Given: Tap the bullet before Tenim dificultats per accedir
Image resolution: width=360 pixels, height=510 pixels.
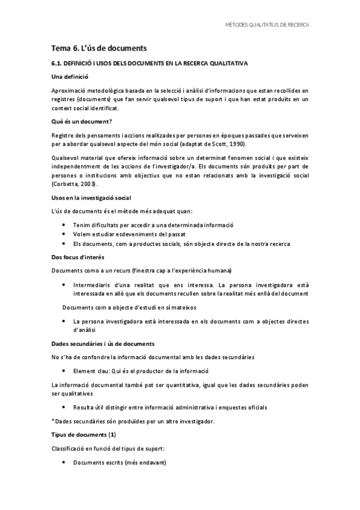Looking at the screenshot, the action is [x=65, y=225].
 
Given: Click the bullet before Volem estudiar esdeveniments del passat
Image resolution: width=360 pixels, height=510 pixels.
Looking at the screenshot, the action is [x=65, y=234].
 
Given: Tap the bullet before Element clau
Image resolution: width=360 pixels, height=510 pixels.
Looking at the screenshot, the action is [x=65, y=371].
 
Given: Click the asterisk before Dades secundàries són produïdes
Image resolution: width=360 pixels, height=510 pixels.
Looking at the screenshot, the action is [x=53, y=420].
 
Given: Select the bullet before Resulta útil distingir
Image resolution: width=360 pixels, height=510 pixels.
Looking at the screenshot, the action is [x=65, y=407].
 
